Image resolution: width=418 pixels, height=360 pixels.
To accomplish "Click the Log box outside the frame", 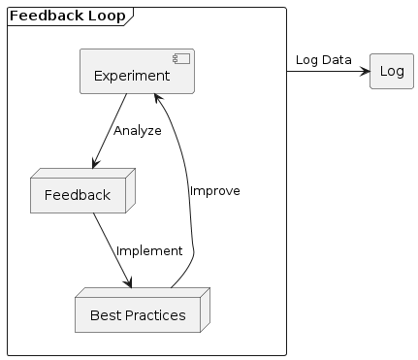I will (x=392, y=71).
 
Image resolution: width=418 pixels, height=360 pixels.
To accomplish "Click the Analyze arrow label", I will (x=137, y=131).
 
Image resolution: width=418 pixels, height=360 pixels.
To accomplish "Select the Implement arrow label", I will (x=148, y=251).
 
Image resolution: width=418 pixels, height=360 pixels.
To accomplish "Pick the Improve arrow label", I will (x=214, y=191).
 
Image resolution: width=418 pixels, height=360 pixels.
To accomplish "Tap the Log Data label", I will (x=323, y=60).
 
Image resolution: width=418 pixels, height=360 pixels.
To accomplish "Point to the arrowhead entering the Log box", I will (x=365, y=71).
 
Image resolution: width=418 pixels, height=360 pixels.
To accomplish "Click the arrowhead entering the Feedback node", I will (x=94, y=168).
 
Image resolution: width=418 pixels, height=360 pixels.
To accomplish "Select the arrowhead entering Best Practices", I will (x=128, y=283).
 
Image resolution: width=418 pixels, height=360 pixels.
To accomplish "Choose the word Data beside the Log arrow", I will (x=337, y=60).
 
